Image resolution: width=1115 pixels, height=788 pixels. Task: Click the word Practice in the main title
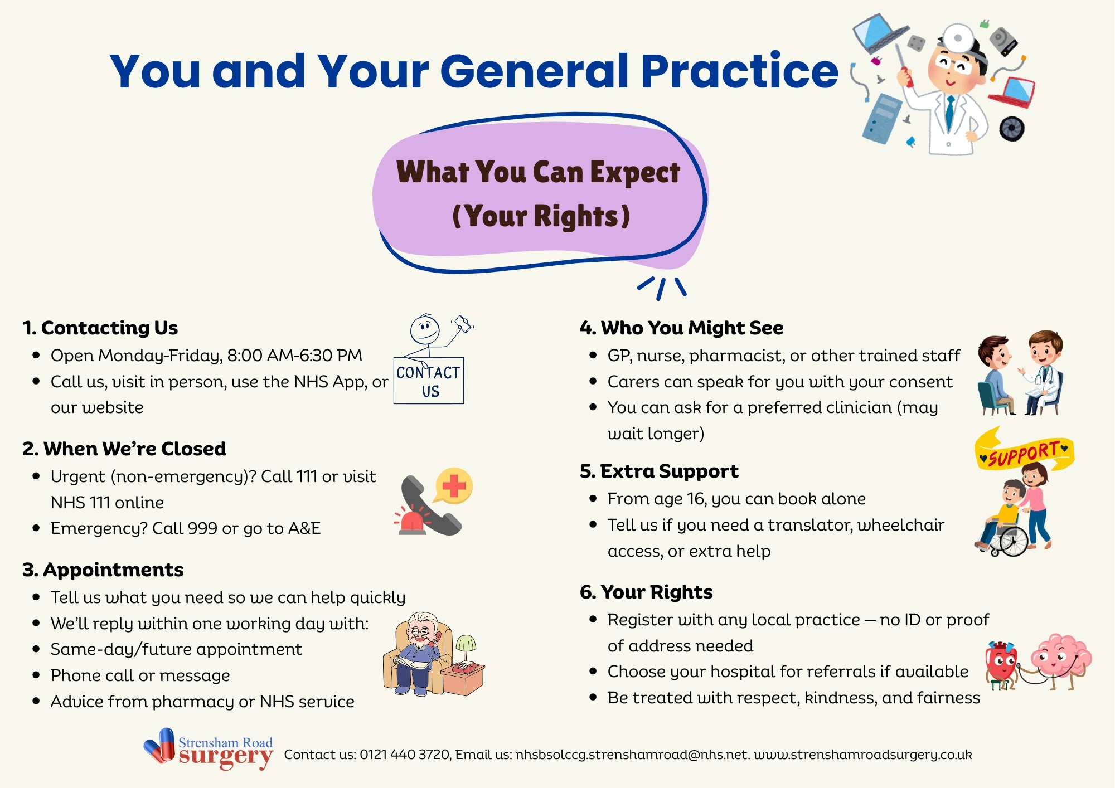click(739, 71)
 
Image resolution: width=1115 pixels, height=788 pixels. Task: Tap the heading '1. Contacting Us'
click(100, 328)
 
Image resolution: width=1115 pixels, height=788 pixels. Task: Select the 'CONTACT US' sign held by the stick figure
click(429, 381)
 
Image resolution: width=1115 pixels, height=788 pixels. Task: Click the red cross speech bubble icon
click(454, 485)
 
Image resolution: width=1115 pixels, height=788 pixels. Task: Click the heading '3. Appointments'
click(103, 570)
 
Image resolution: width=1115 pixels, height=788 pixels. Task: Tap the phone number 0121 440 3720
click(405, 755)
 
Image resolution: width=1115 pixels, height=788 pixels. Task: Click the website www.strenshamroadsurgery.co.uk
click(862, 755)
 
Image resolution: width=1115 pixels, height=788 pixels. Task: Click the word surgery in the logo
click(226, 757)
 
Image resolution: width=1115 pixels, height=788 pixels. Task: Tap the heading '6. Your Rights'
click(646, 592)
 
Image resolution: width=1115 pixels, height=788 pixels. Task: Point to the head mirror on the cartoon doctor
click(958, 38)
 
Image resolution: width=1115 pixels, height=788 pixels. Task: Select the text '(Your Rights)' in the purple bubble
click(541, 216)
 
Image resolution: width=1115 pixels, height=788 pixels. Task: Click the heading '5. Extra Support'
click(659, 471)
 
